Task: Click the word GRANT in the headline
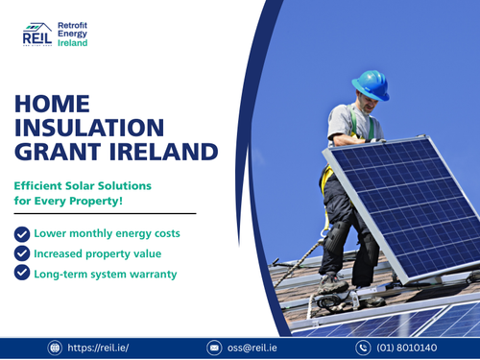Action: (x=61, y=152)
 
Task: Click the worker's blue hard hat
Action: (x=370, y=85)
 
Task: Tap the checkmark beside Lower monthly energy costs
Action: (x=21, y=233)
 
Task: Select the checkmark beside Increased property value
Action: (x=21, y=252)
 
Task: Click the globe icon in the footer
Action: (x=55, y=348)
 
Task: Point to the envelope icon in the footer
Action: (x=215, y=348)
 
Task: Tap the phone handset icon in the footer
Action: (x=363, y=348)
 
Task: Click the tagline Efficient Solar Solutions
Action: (x=83, y=183)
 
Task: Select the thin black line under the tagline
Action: (x=104, y=213)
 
